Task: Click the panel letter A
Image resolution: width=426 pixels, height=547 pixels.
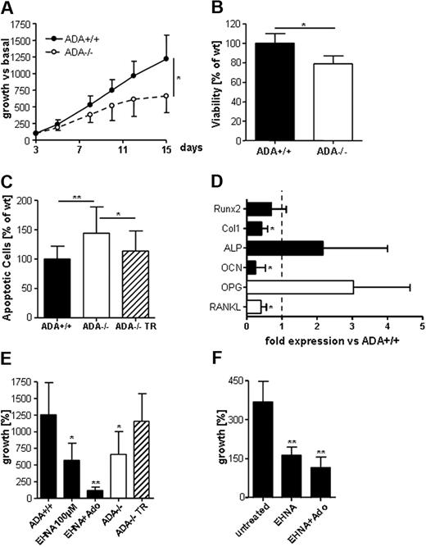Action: click(7, 8)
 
